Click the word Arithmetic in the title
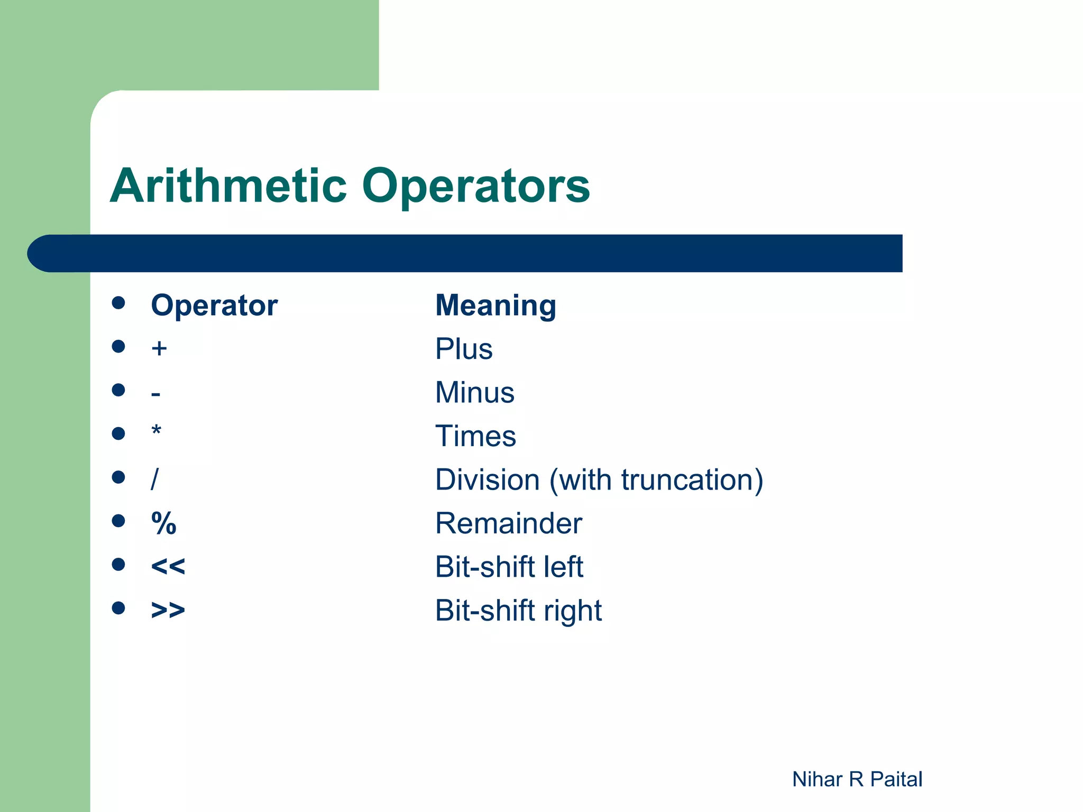pos(228,186)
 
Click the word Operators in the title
pos(475,186)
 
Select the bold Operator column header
pos(214,306)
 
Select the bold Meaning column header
pos(495,306)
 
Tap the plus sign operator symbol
pos(159,349)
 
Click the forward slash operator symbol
pos(154,479)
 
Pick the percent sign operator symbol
pos(163,523)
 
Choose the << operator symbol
pos(168,567)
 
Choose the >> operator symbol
pos(168,610)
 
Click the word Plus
pos(464,349)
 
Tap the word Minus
pos(474,393)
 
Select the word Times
pos(475,436)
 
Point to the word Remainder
pos(508,523)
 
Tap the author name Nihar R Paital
pos(857,779)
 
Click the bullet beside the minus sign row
pos(118,390)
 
